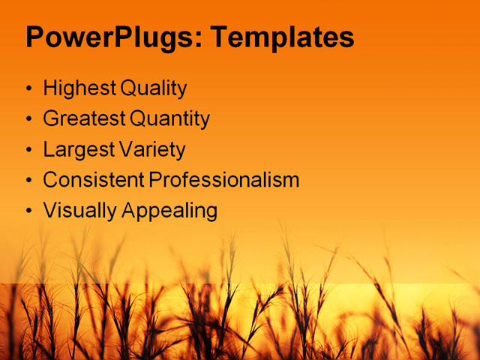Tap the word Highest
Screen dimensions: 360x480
(79, 88)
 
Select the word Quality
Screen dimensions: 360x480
(152, 88)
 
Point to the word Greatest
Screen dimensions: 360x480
(84, 118)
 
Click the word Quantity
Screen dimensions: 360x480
(169, 118)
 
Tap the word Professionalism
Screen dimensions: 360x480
(223, 180)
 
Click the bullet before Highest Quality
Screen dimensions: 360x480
(29, 89)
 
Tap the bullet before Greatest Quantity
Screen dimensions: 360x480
(29, 119)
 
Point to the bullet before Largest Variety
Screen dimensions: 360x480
(29, 150)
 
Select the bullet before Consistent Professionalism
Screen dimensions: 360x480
(29, 181)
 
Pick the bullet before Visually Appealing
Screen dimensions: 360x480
(29, 211)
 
